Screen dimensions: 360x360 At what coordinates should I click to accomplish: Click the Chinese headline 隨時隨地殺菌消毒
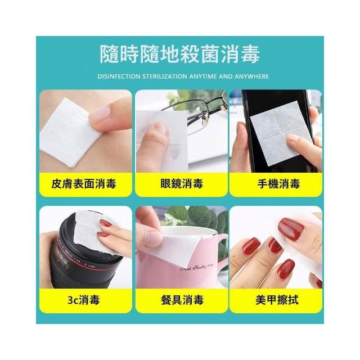tap(180, 54)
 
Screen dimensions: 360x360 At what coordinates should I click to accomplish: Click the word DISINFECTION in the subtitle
tap(119, 76)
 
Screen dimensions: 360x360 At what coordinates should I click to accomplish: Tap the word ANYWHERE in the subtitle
tap(251, 76)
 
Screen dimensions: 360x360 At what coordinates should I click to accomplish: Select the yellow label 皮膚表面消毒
tap(84, 184)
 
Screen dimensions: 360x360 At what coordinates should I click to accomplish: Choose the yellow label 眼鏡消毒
tap(182, 184)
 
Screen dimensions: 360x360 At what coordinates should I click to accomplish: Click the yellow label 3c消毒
tap(84, 300)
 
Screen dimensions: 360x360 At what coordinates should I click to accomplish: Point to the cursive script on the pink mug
tap(196, 267)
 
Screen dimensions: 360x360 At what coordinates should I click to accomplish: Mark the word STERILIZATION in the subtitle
tap(165, 76)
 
